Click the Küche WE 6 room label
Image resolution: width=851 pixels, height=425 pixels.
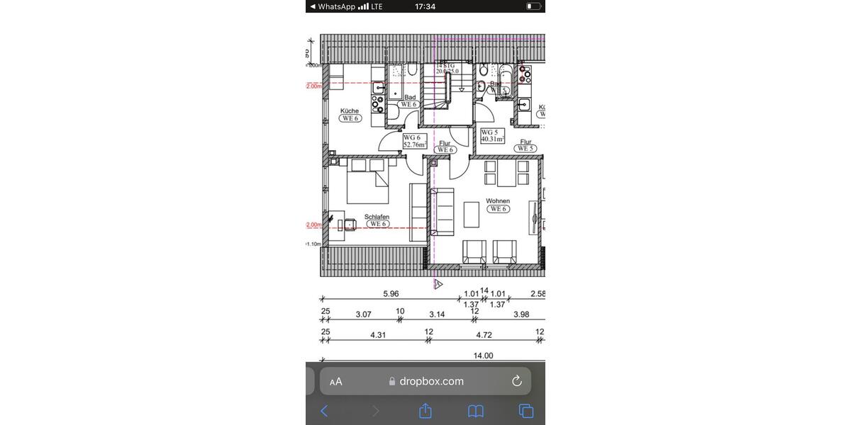[350, 115]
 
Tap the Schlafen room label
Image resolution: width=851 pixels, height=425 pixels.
[377, 220]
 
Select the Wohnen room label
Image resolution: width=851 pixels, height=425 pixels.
[498, 205]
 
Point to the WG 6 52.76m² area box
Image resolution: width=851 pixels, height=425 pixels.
[414, 141]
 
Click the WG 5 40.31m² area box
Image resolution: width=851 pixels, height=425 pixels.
[492, 135]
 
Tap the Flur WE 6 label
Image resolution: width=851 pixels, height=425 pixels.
[445, 147]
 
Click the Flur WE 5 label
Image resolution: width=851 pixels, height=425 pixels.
[525, 145]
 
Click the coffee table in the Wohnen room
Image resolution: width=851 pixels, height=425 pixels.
[472, 215]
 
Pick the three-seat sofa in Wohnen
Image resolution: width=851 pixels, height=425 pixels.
[443, 212]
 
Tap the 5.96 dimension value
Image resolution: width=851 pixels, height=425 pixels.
[391, 293]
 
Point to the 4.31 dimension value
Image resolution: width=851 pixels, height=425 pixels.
[378, 335]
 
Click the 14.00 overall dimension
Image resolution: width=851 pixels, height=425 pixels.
[483, 356]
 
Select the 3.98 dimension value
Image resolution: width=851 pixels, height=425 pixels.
[521, 314]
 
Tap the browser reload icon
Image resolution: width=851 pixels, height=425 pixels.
[517, 381]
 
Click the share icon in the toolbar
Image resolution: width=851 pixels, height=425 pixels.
[425, 411]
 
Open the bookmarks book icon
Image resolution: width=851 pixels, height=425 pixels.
[476, 411]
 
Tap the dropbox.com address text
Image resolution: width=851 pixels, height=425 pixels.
[431, 381]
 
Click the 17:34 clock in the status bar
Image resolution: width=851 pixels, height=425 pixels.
[425, 6]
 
